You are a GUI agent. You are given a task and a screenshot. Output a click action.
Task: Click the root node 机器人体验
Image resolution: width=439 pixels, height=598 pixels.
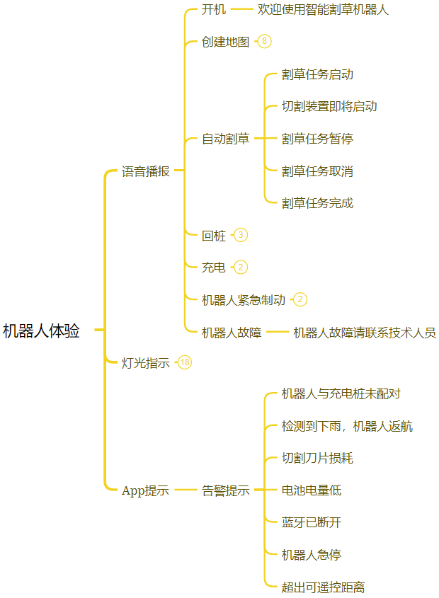pyautogui.click(x=41, y=331)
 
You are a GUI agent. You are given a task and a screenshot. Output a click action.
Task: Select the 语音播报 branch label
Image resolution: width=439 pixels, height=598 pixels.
pyautogui.click(x=145, y=171)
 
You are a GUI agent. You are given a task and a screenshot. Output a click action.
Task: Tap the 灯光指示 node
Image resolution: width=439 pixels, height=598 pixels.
pyautogui.click(x=145, y=363)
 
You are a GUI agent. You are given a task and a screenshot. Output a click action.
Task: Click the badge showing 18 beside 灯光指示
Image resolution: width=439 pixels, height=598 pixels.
pyautogui.click(x=185, y=362)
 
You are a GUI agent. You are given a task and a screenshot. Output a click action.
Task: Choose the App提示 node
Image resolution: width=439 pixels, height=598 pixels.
pyautogui.click(x=145, y=490)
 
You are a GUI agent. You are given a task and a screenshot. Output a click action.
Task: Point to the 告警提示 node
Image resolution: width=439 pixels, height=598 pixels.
pyautogui.click(x=226, y=490)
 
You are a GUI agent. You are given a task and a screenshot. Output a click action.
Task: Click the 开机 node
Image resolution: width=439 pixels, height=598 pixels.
pyautogui.click(x=214, y=10)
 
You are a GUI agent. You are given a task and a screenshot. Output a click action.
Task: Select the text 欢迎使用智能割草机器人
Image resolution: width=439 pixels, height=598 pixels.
pyautogui.click(x=323, y=10)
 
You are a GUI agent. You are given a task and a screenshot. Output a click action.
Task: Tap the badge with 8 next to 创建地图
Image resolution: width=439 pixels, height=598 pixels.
pyautogui.click(x=264, y=41)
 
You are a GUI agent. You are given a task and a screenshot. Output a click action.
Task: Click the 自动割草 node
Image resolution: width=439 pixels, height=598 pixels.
pyautogui.click(x=226, y=139)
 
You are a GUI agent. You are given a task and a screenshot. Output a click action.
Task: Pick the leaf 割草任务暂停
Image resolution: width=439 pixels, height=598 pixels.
pyautogui.click(x=317, y=139)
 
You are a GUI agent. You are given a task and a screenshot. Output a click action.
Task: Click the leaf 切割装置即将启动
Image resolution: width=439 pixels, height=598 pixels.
pyautogui.click(x=329, y=106)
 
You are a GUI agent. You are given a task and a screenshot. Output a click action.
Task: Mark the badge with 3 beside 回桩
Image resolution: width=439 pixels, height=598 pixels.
pyautogui.click(x=241, y=235)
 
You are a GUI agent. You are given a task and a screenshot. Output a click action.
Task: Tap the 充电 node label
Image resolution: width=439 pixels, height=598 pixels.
pyautogui.click(x=214, y=268)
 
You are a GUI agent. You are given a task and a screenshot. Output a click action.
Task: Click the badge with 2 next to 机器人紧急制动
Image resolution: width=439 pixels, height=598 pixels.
pyautogui.click(x=300, y=299)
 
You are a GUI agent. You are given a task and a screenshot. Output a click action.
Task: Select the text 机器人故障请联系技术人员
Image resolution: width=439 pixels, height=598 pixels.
pyautogui.click(x=365, y=332)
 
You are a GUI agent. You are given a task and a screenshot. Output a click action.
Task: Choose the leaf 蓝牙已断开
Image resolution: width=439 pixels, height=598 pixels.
pyautogui.click(x=312, y=522)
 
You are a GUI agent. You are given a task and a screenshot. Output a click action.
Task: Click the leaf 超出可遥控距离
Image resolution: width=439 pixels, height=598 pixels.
pyautogui.click(x=323, y=587)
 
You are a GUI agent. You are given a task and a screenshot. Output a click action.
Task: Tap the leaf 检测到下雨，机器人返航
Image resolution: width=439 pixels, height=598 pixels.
pyautogui.click(x=347, y=426)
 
